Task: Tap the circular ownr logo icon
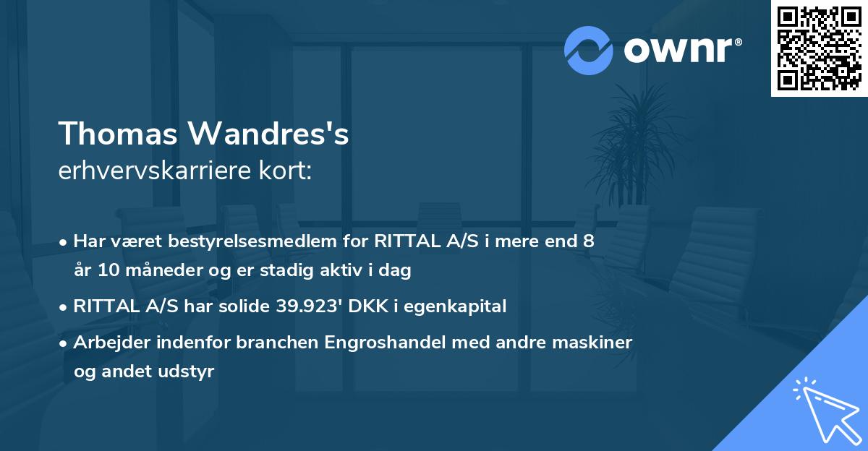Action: (x=588, y=50)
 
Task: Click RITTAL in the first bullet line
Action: (x=401, y=241)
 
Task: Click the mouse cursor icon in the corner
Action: (x=825, y=409)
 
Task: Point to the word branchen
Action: (x=278, y=343)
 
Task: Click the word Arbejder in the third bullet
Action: (x=105, y=343)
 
